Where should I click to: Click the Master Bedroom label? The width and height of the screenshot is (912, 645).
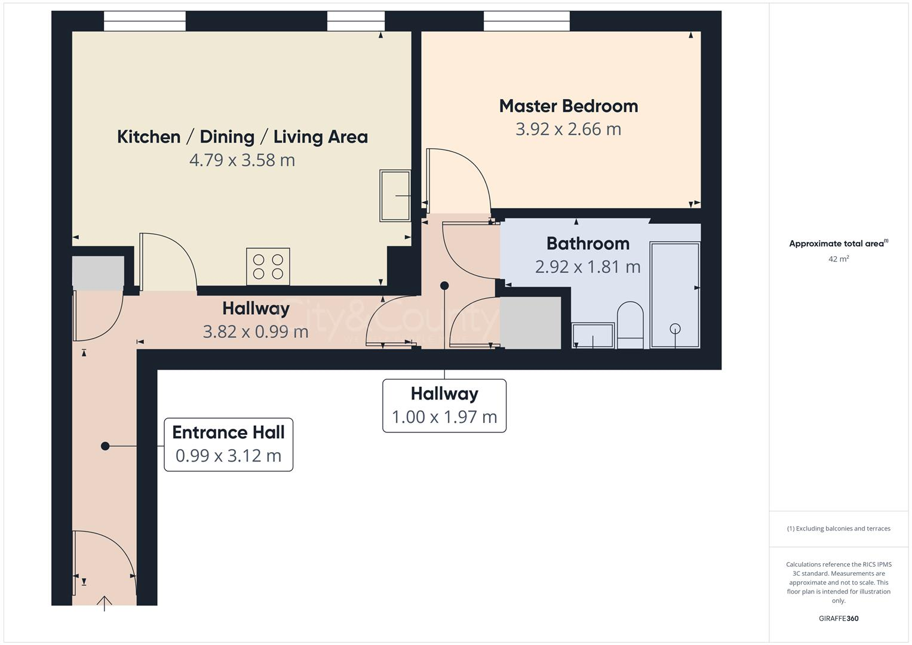[x=568, y=106]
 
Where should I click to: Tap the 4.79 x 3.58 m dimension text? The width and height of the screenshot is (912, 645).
[x=242, y=160]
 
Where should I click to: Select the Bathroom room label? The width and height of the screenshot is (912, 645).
[x=588, y=244]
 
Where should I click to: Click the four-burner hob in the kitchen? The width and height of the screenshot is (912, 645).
[x=268, y=266]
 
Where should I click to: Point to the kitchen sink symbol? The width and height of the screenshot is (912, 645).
[x=395, y=195]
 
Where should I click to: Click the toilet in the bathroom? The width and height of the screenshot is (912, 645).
[x=630, y=324]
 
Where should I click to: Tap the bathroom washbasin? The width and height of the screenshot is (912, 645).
[x=592, y=336]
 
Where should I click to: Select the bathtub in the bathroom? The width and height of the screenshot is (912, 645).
[x=674, y=294]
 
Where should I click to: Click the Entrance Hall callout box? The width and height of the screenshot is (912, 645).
[x=228, y=444]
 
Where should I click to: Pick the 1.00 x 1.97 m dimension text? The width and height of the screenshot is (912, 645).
[x=444, y=417]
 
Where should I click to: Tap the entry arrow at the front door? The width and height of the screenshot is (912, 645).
[x=105, y=603]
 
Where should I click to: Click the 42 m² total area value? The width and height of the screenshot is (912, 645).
[x=839, y=259]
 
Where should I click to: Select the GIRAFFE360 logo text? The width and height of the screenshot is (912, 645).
[x=839, y=618]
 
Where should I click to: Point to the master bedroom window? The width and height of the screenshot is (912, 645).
[x=526, y=21]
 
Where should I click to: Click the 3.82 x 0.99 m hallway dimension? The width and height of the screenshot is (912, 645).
[x=256, y=331]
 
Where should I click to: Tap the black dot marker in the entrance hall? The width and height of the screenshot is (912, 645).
[x=105, y=446]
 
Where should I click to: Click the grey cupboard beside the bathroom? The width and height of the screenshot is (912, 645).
[x=530, y=323]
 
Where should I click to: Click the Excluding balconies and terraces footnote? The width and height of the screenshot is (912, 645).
[x=839, y=529]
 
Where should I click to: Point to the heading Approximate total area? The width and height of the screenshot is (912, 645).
[x=838, y=244]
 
